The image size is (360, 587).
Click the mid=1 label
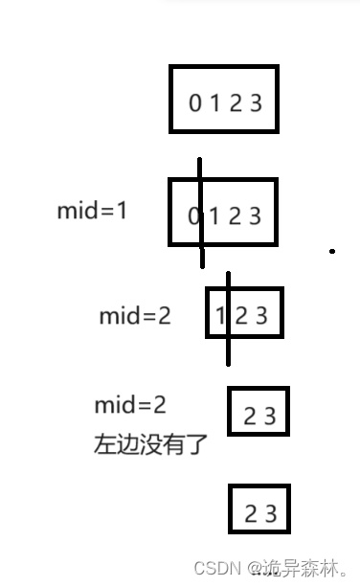point(92,211)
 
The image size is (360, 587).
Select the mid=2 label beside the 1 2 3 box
point(135,316)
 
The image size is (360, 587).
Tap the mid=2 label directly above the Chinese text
point(130,405)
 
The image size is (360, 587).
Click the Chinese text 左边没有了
point(150,445)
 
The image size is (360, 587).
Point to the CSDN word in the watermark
point(215,568)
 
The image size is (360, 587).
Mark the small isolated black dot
point(332,251)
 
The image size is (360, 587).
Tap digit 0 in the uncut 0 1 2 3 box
point(195,102)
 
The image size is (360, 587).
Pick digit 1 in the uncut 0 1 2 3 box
point(215,102)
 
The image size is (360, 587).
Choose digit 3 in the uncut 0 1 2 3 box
point(256,102)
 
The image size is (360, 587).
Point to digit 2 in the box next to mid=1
point(236,216)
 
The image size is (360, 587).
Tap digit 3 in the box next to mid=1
point(256,216)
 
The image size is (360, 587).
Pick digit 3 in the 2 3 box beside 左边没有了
point(270,417)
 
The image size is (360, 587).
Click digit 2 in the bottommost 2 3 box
point(250,514)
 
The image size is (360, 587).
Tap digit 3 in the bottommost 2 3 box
point(271,514)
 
